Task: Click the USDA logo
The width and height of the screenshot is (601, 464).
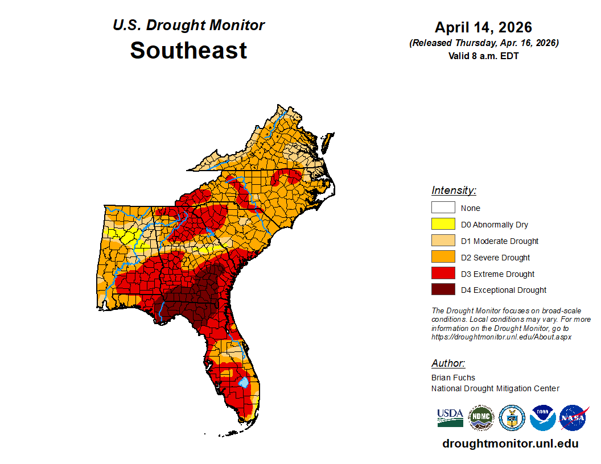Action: click(x=450, y=418)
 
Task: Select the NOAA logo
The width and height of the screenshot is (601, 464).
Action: click(x=542, y=418)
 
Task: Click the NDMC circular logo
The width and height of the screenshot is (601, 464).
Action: click(x=481, y=418)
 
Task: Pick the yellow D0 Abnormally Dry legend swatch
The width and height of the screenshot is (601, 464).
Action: click(x=443, y=225)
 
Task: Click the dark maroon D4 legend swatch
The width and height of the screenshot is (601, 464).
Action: click(x=443, y=290)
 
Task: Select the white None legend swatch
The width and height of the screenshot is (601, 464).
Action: click(x=443, y=208)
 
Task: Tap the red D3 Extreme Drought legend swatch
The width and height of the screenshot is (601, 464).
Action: click(x=443, y=274)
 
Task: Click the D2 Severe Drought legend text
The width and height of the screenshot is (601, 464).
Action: click(x=495, y=258)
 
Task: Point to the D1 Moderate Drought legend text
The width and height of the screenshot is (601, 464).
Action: click(x=500, y=241)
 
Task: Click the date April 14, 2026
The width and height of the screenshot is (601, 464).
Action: click(x=483, y=27)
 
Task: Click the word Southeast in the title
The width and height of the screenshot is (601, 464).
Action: click(x=188, y=51)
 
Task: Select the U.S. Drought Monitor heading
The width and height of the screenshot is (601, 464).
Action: click(x=188, y=26)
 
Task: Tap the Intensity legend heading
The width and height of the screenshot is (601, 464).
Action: click(x=454, y=190)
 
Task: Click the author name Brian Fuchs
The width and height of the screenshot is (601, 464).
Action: click(x=453, y=378)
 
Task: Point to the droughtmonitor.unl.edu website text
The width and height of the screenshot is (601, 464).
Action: click(x=510, y=444)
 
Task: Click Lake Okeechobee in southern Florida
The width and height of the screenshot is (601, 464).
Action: click(x=243, y=382)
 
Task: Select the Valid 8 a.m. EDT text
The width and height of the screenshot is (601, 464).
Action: click(x=483, y=56)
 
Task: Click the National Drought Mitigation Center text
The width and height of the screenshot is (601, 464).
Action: click(x=495, y=388)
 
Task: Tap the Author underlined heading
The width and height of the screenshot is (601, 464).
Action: click(x=448, y=363)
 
